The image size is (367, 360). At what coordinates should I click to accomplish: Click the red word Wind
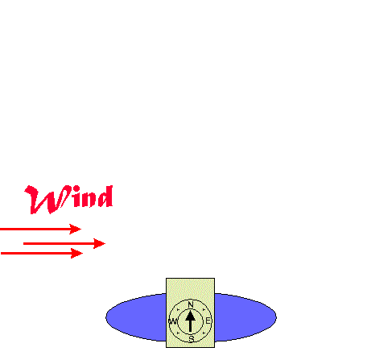coord(68,200)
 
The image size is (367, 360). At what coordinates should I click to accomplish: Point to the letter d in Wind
coord(105,197)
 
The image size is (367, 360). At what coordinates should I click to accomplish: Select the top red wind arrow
coord(40,229)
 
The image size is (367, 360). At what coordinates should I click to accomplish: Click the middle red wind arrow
coord(64,243)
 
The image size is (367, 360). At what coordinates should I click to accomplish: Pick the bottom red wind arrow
coord(42,253)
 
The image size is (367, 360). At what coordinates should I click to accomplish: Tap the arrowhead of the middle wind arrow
coord(99,243)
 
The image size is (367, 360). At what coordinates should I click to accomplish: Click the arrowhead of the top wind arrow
coord(76,229)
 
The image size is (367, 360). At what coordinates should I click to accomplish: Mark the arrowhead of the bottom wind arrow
coord(77,253)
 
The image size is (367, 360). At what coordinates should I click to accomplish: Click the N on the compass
coord(191,304)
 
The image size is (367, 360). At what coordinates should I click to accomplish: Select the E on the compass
coord(208,321)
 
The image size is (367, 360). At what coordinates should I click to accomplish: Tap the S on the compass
coord(191,339)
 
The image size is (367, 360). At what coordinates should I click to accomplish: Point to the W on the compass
coord(173,321)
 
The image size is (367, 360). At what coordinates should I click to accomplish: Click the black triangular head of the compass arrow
coord(190,316)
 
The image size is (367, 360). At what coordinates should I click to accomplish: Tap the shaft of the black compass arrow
coord(190,326)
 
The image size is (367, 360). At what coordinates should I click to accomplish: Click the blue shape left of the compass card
coord(136,317)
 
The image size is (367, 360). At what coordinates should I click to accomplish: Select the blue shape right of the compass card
coord(245,317)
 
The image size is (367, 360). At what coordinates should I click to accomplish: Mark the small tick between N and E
coord(204,310)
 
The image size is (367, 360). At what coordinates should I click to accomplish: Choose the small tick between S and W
coord(178,333)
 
